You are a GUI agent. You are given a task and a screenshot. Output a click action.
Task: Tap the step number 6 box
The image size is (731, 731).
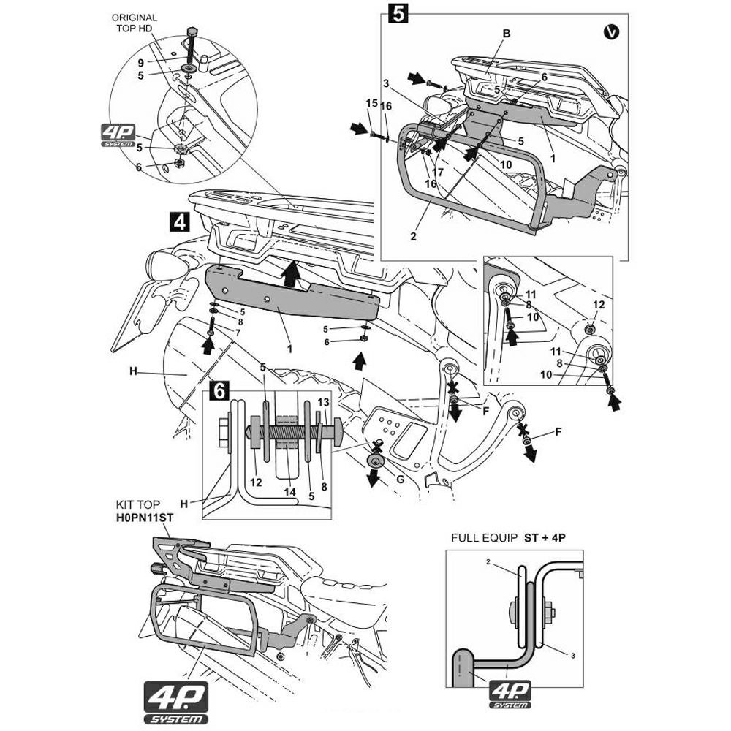coord(217,392)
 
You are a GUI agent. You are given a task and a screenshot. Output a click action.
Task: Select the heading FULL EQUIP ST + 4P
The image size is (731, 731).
coord(509,537)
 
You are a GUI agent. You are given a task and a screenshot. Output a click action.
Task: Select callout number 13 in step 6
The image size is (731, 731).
coord(323,402)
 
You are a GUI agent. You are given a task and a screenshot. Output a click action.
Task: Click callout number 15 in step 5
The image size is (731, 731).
coord(371,102)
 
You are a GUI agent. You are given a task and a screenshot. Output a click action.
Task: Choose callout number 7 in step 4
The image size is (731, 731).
coord(238,333)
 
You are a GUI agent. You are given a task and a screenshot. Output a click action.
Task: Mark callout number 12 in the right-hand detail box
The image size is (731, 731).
coord(599,303)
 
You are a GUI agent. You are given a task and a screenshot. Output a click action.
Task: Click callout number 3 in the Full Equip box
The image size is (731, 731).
coord(573,655)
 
